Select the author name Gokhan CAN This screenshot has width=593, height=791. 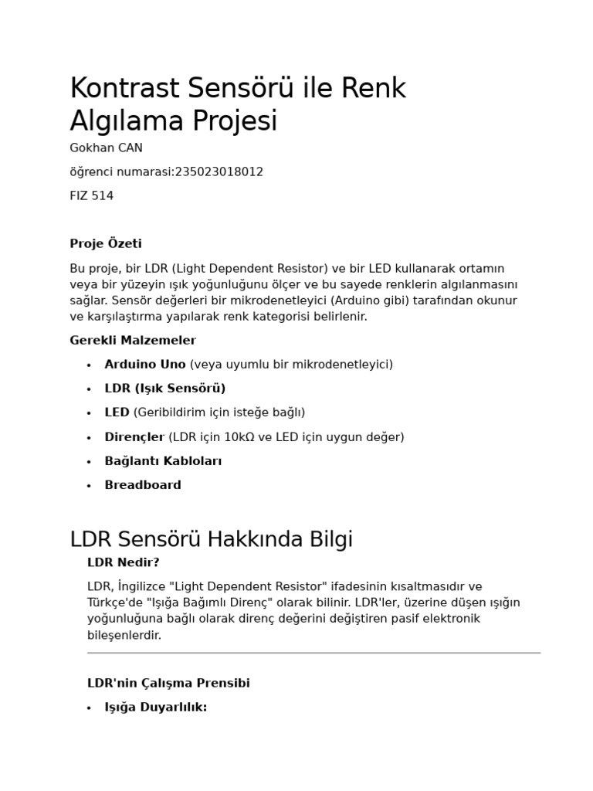pyautogui.click(x=106, y=148)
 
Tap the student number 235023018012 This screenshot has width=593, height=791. pyautogui.click(x=219, y=171)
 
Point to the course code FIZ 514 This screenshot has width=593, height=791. pyautogui.click(x=91, y=195)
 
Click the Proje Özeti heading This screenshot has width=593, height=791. pyautogui.click(x=106, y=244)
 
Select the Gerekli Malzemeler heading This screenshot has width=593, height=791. pyautogui.click(x=133, y=340)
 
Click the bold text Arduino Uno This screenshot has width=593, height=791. pyautogui.click(x=145, y=364)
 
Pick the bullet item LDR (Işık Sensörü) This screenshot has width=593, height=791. pyautogui.click(x=165, y=388)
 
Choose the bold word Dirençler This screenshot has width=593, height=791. pyautogui.click(x=134, y=436)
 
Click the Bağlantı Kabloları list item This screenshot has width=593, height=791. pyautogui.click(x=163, y=460)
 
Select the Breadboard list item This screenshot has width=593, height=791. pyautogui.click(x=143, y=485)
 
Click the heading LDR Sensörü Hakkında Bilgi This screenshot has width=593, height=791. pyautogui.click(x=211, y=538)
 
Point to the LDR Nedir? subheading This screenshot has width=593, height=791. pyautogui.click(x=123, y=562)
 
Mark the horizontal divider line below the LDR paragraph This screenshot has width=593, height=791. pyautogui.click(x=313, y=653)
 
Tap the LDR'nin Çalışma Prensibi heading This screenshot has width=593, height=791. pyautogui.click(x=168, y=683)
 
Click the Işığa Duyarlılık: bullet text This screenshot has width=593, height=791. pyautogui.click(x=156, y=707)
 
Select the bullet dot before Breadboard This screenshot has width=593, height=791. pyautogui.click(x=89, y=486)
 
